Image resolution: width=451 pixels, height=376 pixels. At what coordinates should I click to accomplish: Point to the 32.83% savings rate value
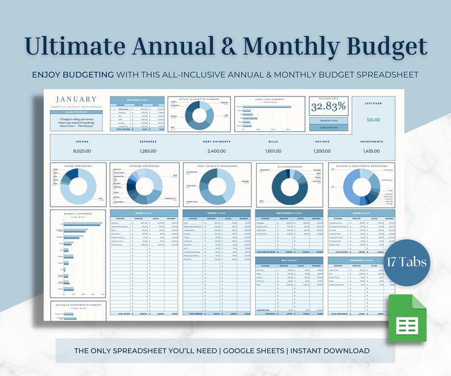point(328,107)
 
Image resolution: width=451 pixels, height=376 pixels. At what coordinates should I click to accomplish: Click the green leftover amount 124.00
point(373,119)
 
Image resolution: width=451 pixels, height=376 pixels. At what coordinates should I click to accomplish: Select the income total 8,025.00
point(82,151)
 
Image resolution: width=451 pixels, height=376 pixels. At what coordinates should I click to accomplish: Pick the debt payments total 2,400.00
point(214,151)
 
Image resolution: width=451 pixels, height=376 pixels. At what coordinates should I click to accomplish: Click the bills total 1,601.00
point(273,151)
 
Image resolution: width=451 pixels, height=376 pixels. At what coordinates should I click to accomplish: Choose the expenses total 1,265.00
point(148,151)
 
